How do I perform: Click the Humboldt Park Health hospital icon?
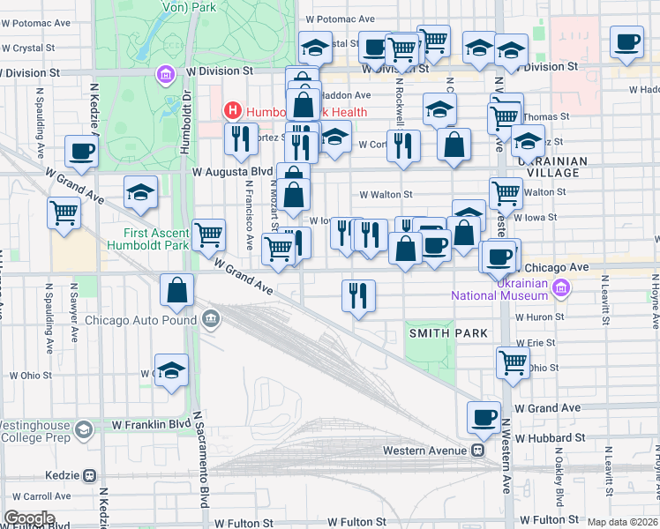[x=232, y=111]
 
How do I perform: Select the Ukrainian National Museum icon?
[x=559, y=287]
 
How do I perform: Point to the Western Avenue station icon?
[x=477, y=450]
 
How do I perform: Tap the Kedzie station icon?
[x=89, y=474]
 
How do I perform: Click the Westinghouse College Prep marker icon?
[x=84, y=429]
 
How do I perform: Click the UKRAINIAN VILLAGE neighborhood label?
[x=553, y=167]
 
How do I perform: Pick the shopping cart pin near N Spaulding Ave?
[x=64, y=212]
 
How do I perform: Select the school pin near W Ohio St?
[x=172, y=370]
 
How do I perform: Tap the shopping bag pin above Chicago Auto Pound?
[x=177, y=291]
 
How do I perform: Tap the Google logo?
[x=29, y=518]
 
